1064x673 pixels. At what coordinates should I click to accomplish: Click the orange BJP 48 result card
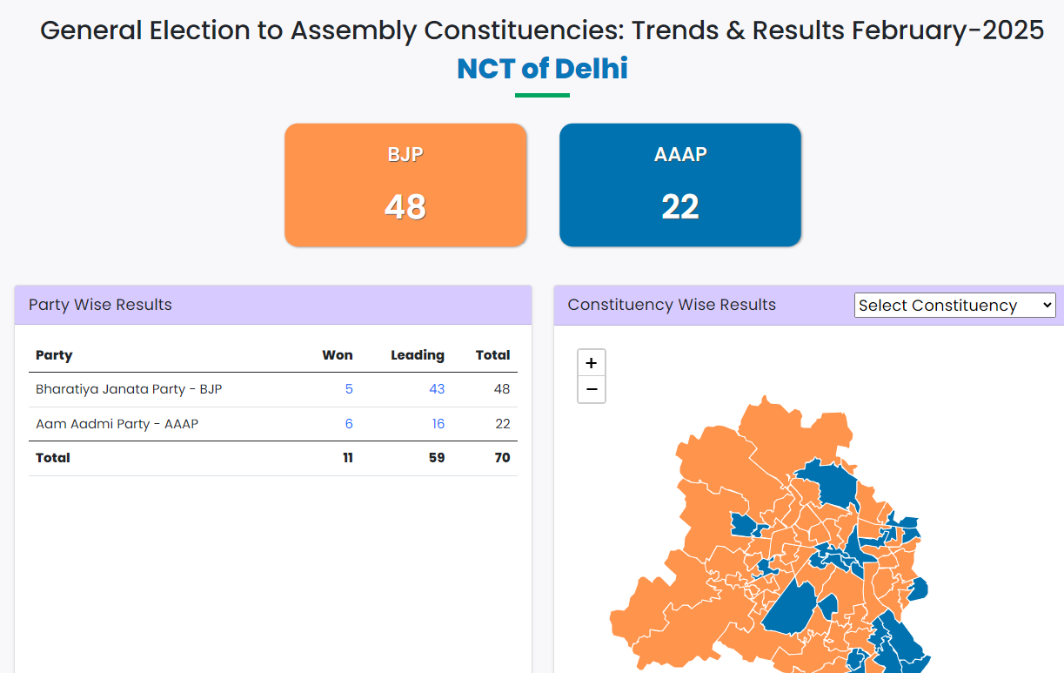point(405,185)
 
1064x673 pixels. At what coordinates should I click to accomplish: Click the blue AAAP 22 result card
point(679,185)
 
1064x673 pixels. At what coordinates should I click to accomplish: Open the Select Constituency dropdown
point(954,306)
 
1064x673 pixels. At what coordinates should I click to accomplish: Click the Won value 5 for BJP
point(349,389)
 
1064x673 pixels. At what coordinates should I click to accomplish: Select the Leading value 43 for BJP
point(437,389)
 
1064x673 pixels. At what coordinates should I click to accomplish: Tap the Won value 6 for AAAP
point(349,424)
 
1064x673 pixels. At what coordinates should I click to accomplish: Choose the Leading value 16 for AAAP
point(438,424)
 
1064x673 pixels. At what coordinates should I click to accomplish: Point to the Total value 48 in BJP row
point(501,389)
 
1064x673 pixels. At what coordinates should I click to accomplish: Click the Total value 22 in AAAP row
point(502,424)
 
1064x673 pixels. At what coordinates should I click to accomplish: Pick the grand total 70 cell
point(502,458)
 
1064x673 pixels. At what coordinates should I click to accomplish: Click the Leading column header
point(418,355)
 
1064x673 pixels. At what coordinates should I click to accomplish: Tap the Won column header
point(338,355)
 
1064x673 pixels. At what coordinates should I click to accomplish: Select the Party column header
point(54,355)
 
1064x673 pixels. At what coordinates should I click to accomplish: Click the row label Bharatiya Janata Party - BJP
point(129,389)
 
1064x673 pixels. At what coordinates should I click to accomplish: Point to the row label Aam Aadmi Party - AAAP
point(117,424)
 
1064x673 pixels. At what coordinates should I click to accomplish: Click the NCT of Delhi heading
point(542,69)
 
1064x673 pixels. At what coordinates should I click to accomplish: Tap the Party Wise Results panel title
point(100,305)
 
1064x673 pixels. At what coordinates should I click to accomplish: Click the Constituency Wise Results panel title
point(672,305)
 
